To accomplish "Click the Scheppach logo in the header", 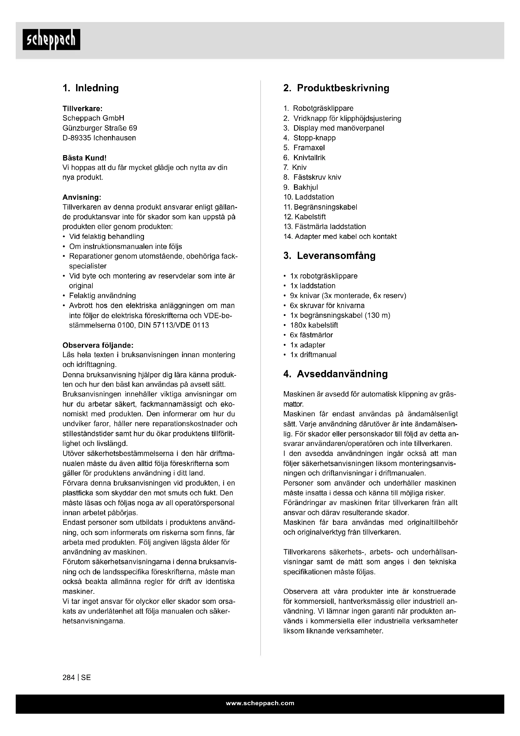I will click(51, 39).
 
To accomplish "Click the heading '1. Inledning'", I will click(91, 88).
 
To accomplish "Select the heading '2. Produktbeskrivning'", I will click(336, 88).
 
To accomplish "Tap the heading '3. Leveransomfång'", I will click(329, 256).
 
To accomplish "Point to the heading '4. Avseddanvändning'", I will click(335, 374).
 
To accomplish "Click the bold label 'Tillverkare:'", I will click(82, 108).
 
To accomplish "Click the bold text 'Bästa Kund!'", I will click(85, 158).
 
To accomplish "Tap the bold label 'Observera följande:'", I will click(98, 345).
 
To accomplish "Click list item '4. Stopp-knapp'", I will click(310, 138).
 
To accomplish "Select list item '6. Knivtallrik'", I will click(305, 158).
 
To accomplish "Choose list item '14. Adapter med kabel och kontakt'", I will click(340, 237).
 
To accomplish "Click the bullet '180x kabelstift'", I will click(314, 325).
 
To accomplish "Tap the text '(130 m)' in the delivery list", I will click(378, 315).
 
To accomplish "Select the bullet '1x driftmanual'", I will click(313, 355).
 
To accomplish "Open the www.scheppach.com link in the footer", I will click(260, 703).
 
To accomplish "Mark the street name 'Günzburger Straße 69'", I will click(100, 128).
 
